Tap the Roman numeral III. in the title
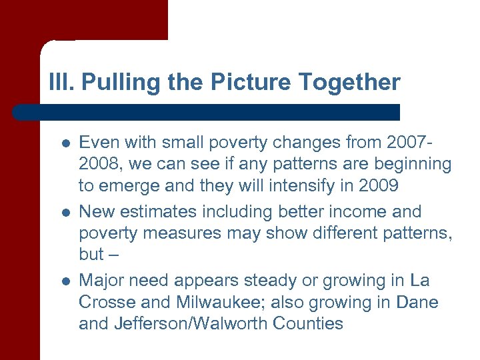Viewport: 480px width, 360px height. coord(62,83)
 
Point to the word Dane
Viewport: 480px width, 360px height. coord(417,302)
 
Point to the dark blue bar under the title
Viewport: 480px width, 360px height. coord(207,112)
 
